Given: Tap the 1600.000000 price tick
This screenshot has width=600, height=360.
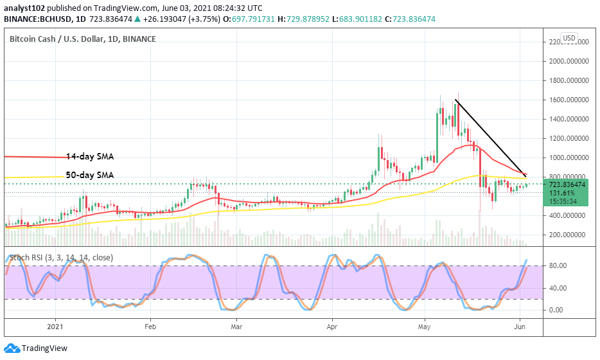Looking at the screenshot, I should tap(568, 100).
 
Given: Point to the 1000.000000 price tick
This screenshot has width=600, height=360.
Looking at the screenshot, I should tap(568, 157).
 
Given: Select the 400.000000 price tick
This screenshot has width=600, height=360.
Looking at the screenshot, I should tap(568, 215).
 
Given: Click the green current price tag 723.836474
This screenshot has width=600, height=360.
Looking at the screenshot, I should tap(567, 184).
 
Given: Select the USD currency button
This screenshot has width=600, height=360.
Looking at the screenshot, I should tap(569, 38).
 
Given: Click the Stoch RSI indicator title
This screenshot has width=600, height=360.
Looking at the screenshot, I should tap(61, 258).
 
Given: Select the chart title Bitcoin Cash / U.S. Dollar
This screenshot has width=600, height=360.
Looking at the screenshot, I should tap(83, 39).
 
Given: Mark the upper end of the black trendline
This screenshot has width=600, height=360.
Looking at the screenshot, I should tap(455, 100).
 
